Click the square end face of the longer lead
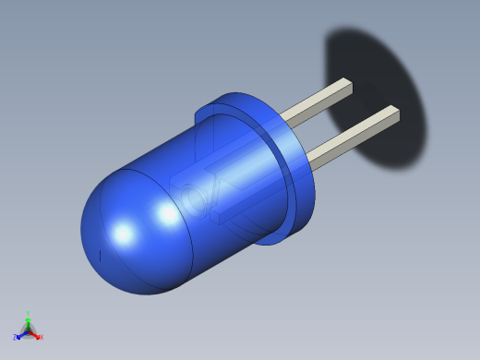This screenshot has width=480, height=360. point(395,114)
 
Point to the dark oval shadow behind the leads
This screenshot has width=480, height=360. point(388,74)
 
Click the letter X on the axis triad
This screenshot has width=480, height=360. point(41,337)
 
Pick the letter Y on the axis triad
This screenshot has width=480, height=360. point(28,313)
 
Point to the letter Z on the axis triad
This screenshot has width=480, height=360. point(15,337)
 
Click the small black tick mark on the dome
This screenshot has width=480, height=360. point(100,255)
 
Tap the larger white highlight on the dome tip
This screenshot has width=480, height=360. point(123,234)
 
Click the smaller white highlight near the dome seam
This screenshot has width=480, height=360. point(168,215)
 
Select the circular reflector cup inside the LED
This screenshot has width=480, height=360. point(192,199)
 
